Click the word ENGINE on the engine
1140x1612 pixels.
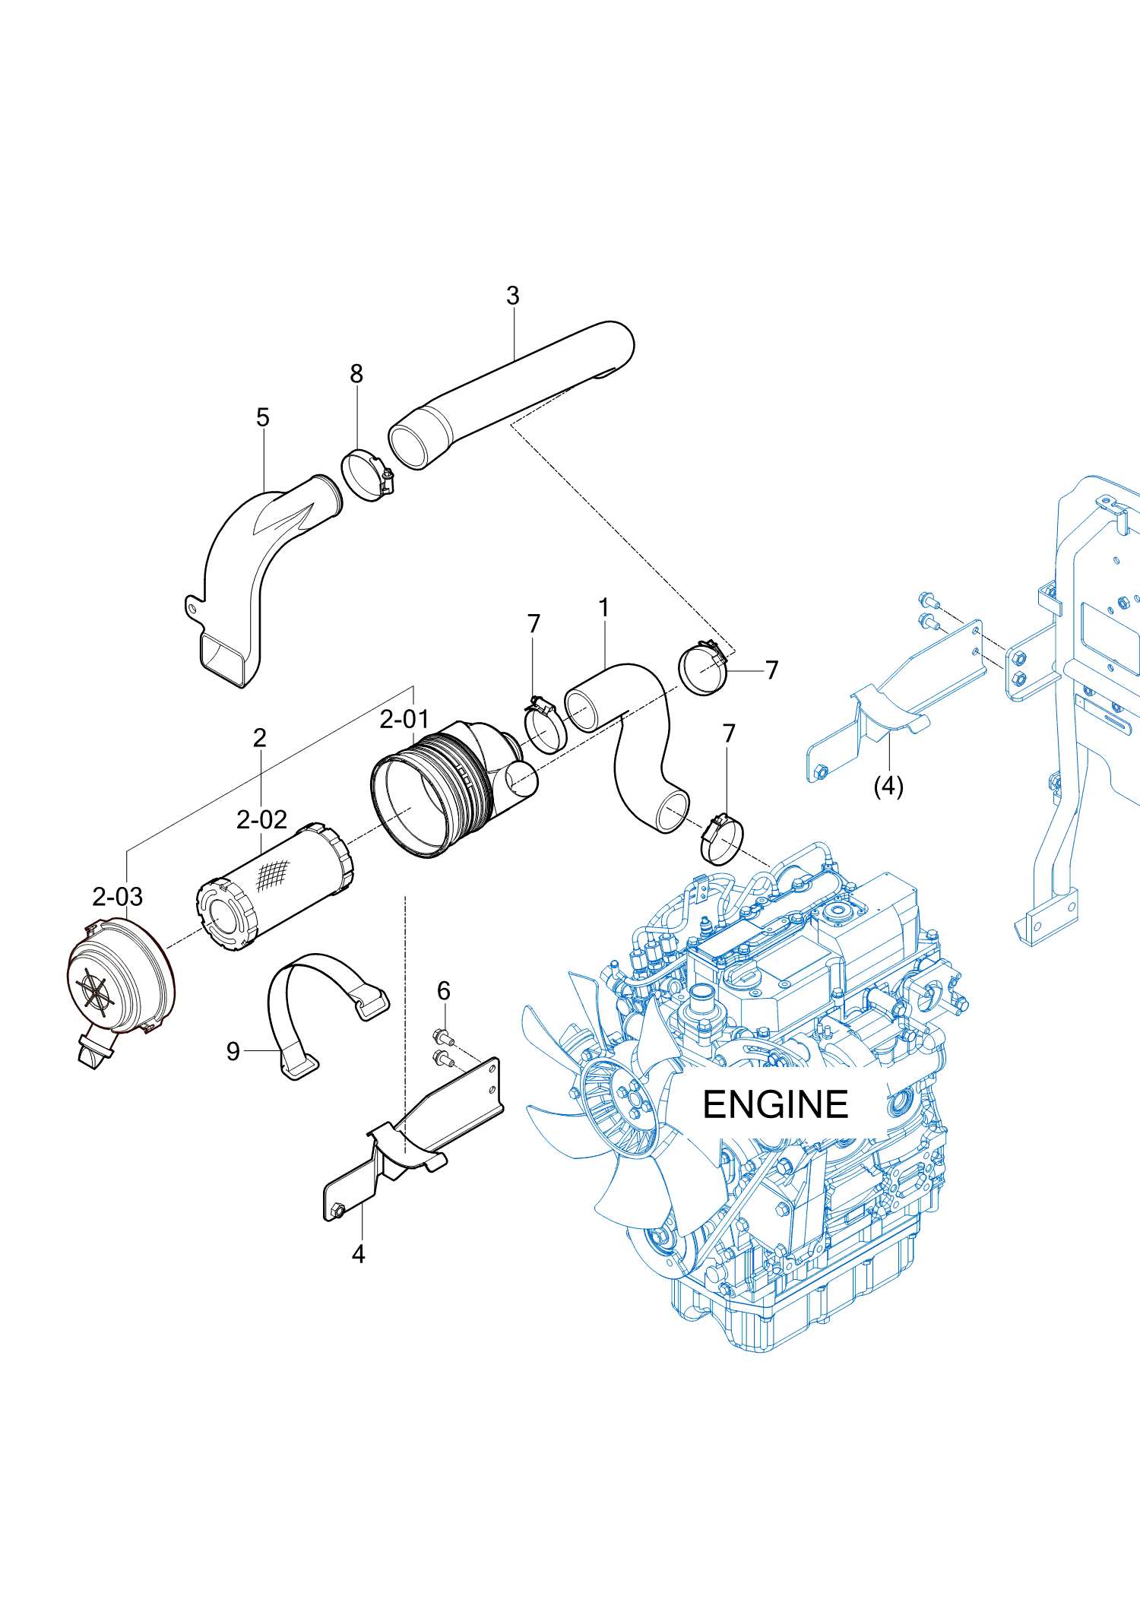774,1105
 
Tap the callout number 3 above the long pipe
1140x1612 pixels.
513,296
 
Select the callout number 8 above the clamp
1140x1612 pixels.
356,374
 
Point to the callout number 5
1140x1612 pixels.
263,417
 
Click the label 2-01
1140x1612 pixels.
404,719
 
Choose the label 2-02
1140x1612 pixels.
261,819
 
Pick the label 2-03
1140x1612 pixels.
118,897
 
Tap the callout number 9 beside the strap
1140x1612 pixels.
233,1051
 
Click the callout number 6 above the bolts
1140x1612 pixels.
444,990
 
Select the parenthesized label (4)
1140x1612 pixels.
888,786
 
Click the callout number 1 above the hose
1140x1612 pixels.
603,608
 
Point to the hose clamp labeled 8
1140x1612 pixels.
367,475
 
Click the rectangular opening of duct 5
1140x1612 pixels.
225,657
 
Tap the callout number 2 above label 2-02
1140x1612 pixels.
260,738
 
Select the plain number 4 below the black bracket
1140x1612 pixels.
359,1254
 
